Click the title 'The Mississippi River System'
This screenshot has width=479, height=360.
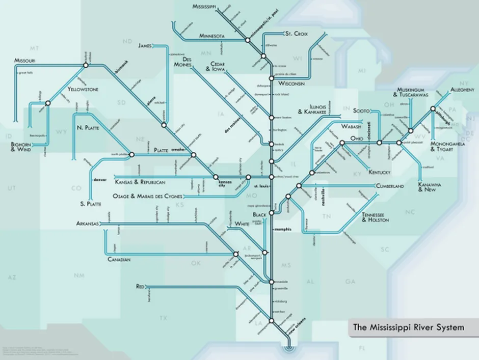(409, 327)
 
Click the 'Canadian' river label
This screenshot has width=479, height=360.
(119, 260)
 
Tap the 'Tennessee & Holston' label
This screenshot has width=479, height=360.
(376, 217)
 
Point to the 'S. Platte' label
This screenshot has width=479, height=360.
(91, 204)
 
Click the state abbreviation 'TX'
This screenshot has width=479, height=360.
(163, 318)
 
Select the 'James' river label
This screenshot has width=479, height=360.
(145, 46)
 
